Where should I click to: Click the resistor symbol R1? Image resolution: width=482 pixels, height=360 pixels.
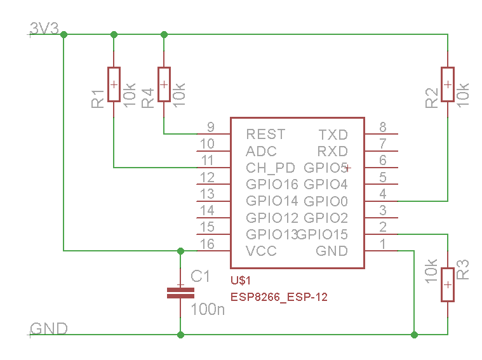(114, 84)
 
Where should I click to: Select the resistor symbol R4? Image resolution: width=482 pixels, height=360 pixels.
(164, 84)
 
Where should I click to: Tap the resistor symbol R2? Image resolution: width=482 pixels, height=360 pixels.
(448, 84)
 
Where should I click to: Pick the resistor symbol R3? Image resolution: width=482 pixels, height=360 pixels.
(448, 284)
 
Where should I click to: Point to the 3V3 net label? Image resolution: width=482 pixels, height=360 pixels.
(44, 29)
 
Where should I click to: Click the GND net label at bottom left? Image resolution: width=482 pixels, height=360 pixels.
(49, 329)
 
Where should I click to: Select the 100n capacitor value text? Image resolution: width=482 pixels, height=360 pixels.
(208, 310)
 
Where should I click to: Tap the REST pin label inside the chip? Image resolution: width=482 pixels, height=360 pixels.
(265, 135)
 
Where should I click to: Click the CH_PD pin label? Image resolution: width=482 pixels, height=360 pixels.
(271, 168)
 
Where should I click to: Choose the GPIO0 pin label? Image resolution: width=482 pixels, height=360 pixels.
(326, 202)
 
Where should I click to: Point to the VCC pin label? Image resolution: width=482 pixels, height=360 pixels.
(262, 251)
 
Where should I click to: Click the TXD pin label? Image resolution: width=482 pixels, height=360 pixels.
(333, 135)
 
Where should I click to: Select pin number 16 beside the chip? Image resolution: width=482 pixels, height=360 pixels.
(207, 244)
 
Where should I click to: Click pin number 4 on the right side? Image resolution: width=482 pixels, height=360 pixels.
(383, 194)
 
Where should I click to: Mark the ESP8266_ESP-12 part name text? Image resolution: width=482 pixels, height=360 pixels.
(279, 297)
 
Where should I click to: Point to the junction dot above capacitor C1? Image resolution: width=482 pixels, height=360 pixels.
(180, 251)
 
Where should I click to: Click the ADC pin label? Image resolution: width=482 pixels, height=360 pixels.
(261, 152)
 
